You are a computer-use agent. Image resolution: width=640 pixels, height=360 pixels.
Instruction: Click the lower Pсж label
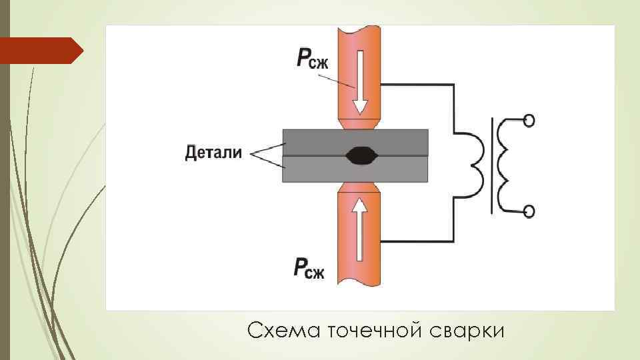pos(309,269)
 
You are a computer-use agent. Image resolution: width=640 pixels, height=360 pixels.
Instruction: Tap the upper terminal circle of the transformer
pos(529,121)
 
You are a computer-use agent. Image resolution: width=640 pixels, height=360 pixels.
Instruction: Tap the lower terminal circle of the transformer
pos(529,212)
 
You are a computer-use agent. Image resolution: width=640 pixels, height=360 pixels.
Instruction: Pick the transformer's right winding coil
pos(508,165)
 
